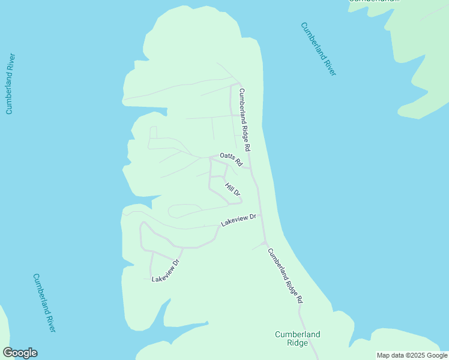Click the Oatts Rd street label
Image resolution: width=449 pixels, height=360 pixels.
231,159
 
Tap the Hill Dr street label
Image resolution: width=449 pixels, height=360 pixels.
232,190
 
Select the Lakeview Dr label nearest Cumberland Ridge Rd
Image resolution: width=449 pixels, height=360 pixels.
239,220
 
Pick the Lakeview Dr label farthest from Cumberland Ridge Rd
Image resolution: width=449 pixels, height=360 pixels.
166,271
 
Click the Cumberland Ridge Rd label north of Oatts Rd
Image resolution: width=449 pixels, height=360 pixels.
244,119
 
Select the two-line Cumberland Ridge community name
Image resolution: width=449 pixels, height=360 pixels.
298,338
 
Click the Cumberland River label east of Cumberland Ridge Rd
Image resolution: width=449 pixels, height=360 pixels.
319,49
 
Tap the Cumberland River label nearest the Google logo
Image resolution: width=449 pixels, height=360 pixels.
44,303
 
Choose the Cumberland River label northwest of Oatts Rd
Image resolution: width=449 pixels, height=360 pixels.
10,83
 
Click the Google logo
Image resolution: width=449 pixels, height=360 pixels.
20,353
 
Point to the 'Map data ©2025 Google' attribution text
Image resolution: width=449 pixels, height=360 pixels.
412,355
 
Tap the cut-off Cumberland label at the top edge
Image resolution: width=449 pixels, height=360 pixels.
374,2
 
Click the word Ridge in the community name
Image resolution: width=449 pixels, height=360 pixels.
298,343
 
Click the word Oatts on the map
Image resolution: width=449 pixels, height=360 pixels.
227,157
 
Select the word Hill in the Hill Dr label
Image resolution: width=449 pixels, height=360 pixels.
229,187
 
